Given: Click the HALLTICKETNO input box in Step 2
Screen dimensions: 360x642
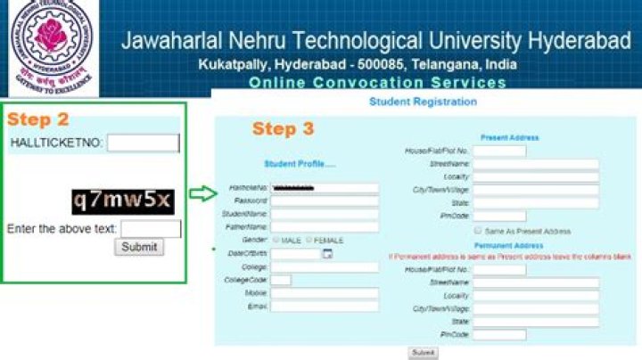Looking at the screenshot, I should (144, 143).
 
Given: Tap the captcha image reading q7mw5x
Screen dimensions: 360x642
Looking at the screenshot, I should (123, 200).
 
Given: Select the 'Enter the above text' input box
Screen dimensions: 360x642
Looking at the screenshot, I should (151, 229).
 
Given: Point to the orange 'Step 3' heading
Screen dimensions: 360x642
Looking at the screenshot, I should (283, 129).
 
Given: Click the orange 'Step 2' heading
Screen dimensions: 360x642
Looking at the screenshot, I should (37, 119).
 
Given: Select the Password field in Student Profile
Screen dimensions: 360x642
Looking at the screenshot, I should (325, 201).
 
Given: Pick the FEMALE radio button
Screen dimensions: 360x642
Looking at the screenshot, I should (309, 241).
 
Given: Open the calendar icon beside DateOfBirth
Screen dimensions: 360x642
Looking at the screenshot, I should (327, 254).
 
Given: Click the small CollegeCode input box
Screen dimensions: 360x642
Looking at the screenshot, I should (281, 280).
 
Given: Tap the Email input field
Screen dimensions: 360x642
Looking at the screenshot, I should (325, 307).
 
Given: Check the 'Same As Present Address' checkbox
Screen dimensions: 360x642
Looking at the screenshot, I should (479, 231).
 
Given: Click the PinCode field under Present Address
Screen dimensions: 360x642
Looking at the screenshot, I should (499, 217).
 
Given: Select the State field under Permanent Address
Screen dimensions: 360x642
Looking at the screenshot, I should (535, 321).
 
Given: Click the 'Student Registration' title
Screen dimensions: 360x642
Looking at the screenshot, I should (423, 102).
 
